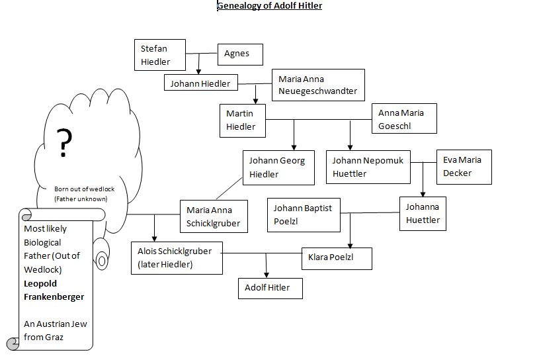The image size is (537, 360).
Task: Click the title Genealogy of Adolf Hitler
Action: click(x=269, y=6)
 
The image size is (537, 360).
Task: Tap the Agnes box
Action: click(x=240, y=54)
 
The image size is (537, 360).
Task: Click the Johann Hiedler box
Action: click(x=200, y=83)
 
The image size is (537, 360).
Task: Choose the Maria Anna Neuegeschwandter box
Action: click(x=318, y=85)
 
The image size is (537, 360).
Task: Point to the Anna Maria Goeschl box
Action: click(x=406, y=119)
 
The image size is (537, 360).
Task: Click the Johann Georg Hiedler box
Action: click(x=277, y=167)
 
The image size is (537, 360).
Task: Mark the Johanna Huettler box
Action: click(x=423, y=214)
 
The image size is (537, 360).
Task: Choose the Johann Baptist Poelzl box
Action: click(x=303, y=214)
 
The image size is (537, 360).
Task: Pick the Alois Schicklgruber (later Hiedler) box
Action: click(x=177, y=258)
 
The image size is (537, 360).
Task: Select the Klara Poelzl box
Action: click(x=337, y=257)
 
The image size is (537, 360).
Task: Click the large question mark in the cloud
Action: click(x=64, y=142)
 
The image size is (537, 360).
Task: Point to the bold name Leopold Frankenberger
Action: click(x=54, y=291)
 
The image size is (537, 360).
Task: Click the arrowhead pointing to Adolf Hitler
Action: click(x=267, y=274)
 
